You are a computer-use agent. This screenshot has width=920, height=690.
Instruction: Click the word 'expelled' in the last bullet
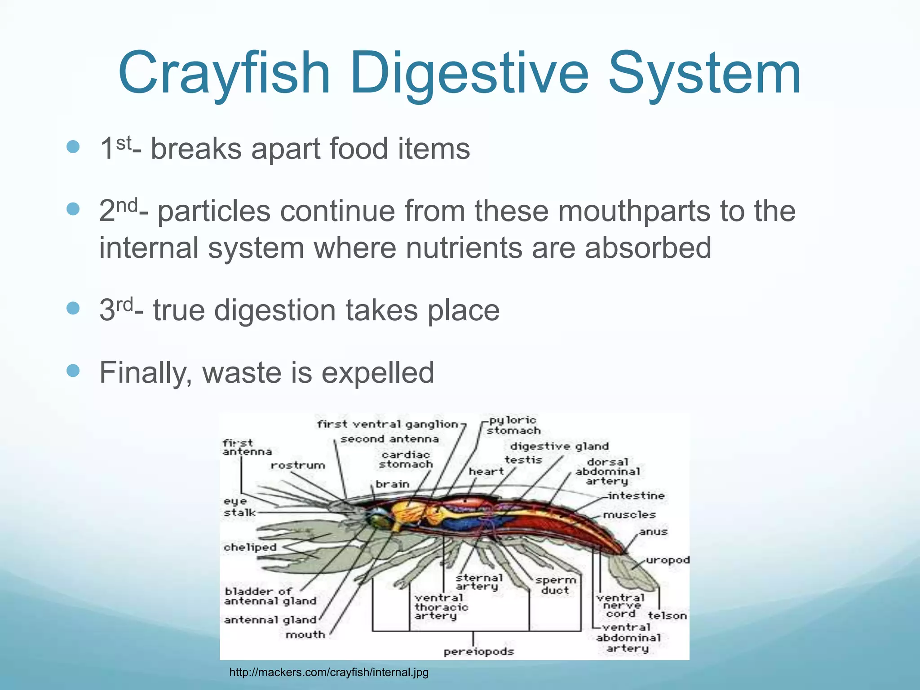[378, 373]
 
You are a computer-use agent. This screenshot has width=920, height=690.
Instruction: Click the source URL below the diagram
[329, 672]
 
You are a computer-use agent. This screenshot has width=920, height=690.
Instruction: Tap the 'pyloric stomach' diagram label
[513, 425]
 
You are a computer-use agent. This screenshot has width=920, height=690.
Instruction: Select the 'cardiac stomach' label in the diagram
[406, 460]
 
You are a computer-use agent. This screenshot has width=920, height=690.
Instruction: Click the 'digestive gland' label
[559, 447]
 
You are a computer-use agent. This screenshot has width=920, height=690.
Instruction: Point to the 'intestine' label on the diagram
[636, 496]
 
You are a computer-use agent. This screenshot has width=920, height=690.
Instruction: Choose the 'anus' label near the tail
[654, 532]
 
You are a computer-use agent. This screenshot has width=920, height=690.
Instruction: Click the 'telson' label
[667, 616]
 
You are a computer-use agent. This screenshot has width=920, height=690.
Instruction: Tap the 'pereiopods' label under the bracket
[478, 651]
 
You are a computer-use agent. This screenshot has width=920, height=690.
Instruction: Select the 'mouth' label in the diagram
[305, 635]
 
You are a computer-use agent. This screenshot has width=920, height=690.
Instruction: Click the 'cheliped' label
[250, 548]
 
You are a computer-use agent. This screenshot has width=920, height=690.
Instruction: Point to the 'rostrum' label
[298, 465]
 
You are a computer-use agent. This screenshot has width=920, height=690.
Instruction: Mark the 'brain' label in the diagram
[393, 484]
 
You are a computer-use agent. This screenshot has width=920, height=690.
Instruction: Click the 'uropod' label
[668, 560]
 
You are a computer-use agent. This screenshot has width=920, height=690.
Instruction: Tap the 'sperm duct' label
[555, 585]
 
